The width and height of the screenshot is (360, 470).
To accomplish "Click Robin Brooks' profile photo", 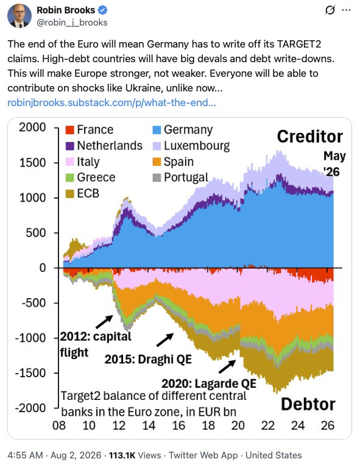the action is click(19, 16).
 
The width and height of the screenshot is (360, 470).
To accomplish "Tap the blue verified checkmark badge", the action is click(103, 10).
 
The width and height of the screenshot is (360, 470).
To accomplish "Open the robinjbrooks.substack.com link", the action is click(111, 102).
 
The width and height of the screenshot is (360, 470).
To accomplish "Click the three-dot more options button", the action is click(346, 10).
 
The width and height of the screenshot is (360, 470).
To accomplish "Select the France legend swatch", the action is click(69, 130).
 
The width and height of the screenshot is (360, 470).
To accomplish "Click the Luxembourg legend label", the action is click(197, 146).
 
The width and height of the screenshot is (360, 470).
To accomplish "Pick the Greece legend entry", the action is click(90, 177).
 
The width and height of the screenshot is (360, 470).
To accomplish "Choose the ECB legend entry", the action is click(82, 193).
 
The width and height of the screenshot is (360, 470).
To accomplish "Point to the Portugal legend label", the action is click(186, 177).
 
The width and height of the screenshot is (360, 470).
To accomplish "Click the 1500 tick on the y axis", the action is click(33, 163).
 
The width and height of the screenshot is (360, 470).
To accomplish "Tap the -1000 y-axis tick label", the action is click(30, 338).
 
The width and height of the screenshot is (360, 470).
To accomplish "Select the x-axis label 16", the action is click(178, 425).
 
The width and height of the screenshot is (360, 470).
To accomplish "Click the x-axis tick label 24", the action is click(298, 425).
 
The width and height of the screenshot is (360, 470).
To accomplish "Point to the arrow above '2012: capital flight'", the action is click(105, 322).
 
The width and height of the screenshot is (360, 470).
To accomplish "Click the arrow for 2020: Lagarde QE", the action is click(227, 366).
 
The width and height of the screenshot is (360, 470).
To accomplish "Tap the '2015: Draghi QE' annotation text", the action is click(148, 359).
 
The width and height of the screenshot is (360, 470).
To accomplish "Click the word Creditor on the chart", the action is click(309, 137).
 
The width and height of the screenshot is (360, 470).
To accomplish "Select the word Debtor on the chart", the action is click(308, 404).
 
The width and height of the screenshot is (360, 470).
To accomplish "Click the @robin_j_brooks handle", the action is click(72, 23).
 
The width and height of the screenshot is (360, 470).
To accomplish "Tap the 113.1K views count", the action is click(122, 455).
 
